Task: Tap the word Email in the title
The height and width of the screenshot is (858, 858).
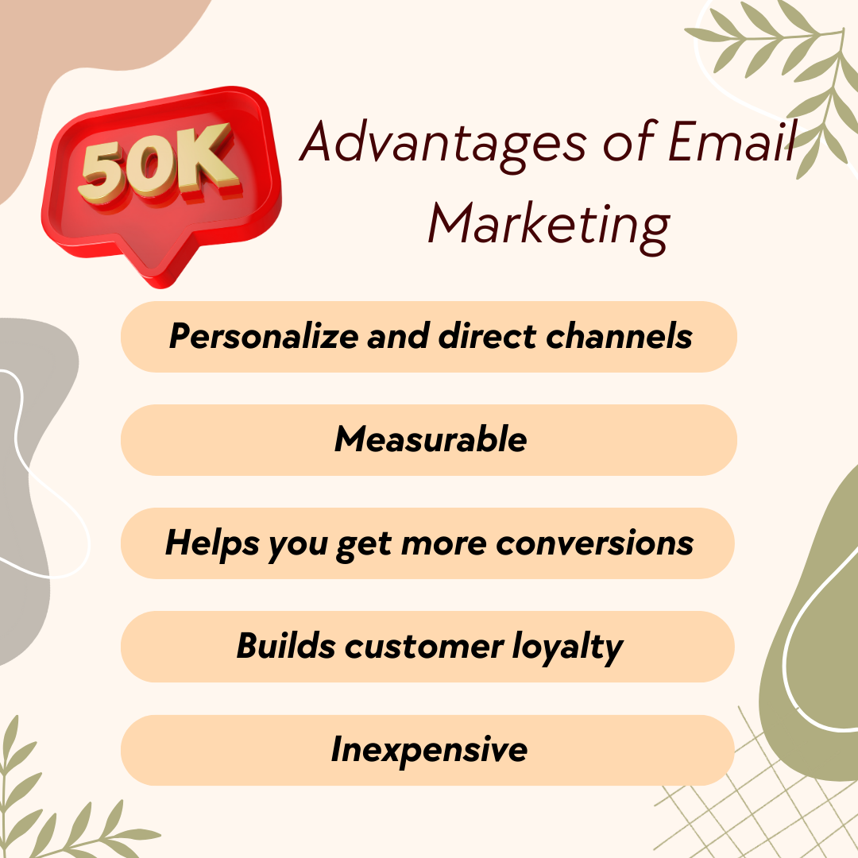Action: point(732,141)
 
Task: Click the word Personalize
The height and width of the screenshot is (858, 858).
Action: point(264,336)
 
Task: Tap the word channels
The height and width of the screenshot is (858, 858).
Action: point(620,335)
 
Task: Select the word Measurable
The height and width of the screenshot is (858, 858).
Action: point(431,439)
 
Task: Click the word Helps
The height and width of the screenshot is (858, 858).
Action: point(212,544)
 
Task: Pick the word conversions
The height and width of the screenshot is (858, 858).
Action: point(595,543)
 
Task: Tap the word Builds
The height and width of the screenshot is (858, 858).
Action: point(286,646)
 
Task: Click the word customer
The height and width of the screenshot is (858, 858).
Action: point(424,647)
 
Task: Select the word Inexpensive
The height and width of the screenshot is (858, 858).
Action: point(430,751)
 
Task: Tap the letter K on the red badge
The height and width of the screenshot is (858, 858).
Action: point(209,159)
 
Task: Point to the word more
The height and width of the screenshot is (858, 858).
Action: point(444,544)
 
